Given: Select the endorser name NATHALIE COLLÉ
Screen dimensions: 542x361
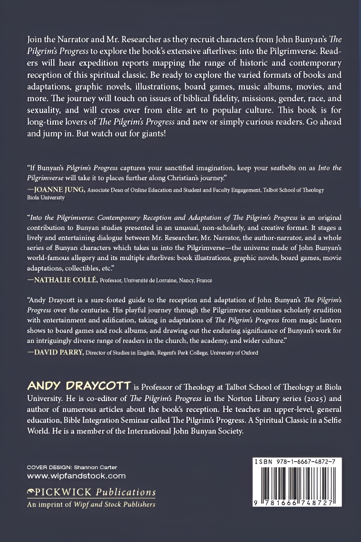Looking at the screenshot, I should click(66, 280).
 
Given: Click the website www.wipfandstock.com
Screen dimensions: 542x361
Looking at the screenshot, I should click(76, 476).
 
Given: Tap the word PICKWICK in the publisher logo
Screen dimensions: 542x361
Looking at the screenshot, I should click(63, 492).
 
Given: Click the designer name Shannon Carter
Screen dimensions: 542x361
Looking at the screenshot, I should click(95, 468).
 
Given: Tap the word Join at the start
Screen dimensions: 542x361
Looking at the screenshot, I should click(34, 39).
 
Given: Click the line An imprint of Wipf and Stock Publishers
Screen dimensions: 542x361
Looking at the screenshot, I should click(91, 504).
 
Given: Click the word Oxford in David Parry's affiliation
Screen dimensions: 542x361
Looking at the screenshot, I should click(250, 353).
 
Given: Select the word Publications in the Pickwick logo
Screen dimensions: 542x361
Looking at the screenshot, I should click(126, 492).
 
